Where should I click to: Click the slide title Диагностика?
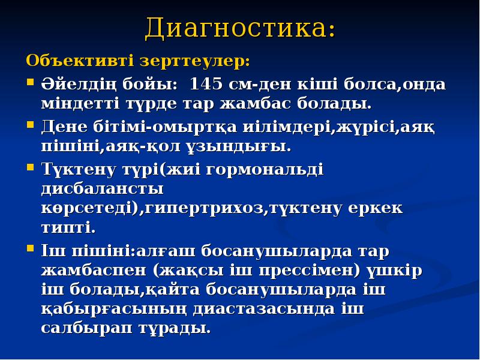click(240, 28)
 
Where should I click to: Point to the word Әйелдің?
click(74, 83)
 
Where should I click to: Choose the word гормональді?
click(264, 170)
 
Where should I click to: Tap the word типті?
click(68, 229)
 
